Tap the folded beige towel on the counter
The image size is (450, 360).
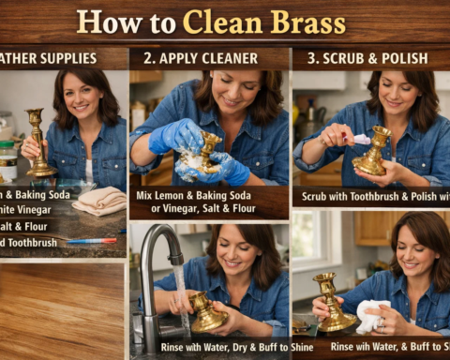click(x=97, y=199)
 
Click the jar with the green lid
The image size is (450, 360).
click(x=7, y=160)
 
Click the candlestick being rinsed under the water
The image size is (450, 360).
click(x=205, y=311)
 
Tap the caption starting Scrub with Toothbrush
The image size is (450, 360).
click(x=371, y=198)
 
